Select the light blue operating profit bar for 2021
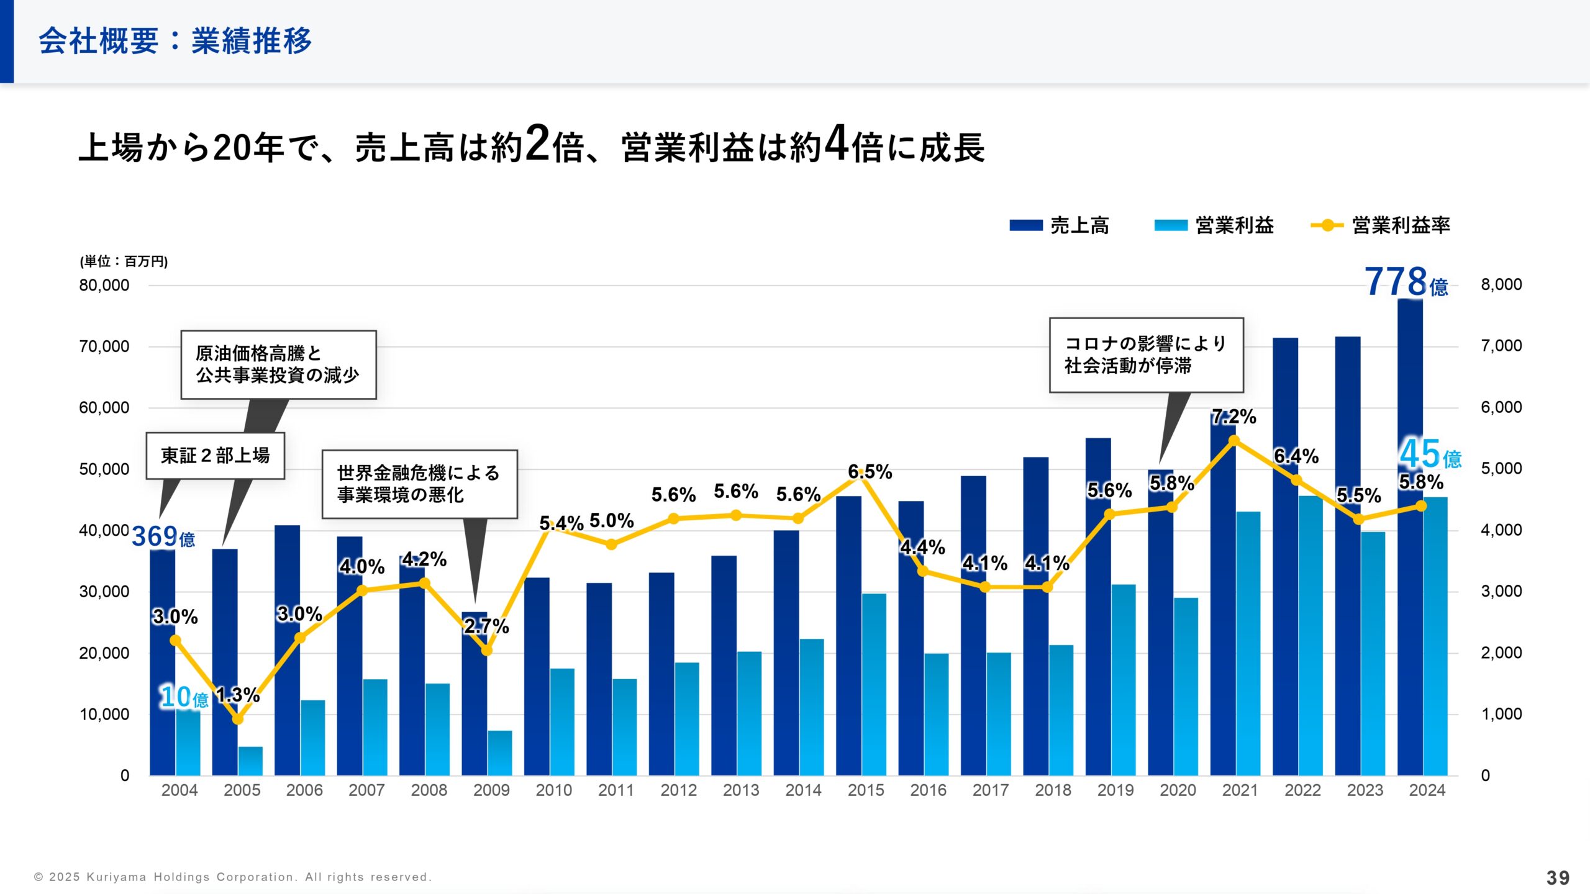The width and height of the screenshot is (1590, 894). pyautogui.click(x=1248, y=646)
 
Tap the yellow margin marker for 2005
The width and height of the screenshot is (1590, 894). pyautogui.click(x=238, y=719)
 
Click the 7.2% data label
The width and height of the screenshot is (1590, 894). pyautogui.click(x=1233, y=417)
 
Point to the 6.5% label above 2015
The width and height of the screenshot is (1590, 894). pyautogui.click(x=870, y=472)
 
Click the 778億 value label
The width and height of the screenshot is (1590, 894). pyautogui.click(x=1406, y=282)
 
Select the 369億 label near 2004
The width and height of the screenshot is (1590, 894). pyautogui.click(x=163, y=536)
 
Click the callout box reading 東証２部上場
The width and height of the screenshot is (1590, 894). pyautogui.click(x=215, y=456)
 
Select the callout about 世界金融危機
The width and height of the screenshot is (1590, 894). pyautogui.click(x=419, y=484)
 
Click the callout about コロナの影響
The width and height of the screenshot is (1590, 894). pyautogui.click(x=1146, y=354)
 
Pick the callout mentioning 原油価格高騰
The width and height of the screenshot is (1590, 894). pyautogui.click(x=278, y=364)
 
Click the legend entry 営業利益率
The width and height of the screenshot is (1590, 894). pyautogui.click(x=1381, y=225)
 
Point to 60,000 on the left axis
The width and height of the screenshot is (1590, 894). pyautogui.click(x=104, y=408)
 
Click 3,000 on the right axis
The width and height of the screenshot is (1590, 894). pyautogui.click(x=1501, y=591)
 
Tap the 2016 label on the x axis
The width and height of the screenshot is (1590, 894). pyautogui.click(x=928, y=790)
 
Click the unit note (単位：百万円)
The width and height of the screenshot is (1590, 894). pyautogui.click(x=124, y=261)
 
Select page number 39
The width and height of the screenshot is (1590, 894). pyautogui.click(x=1557, y=878)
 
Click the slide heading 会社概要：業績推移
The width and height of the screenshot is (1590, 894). pyautogui.click(x=175, y=41)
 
